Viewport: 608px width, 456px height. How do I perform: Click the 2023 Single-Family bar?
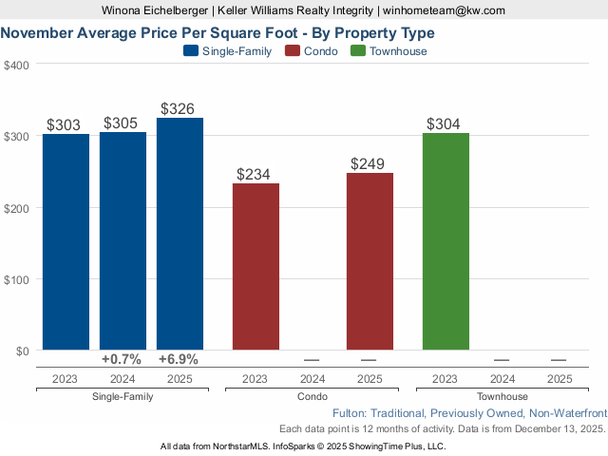coord(66,242)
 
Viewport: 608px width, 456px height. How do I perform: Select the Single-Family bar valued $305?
coord(123,241)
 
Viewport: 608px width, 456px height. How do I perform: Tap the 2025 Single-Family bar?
coord(180,234)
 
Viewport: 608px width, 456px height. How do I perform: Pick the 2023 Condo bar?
coord(256,267)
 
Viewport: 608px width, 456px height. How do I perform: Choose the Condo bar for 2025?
coord(370,261)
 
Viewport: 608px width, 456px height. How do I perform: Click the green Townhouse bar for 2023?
coord(446,241)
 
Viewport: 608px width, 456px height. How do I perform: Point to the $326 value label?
coord(180,108)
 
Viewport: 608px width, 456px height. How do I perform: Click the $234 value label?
coord(256,174)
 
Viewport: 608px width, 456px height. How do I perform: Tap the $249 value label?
coord(370,163)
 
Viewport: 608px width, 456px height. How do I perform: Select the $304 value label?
coord(446,123)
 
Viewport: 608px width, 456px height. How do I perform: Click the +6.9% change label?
coord(179,360)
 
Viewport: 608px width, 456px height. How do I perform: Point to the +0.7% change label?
coord(122,360)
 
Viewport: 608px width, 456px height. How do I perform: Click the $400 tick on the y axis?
coord(16,65)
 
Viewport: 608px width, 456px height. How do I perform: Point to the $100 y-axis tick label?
coord(16,279)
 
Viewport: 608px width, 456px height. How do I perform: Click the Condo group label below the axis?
coord(313,397)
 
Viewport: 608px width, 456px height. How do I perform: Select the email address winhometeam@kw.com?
coord(444,10)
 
